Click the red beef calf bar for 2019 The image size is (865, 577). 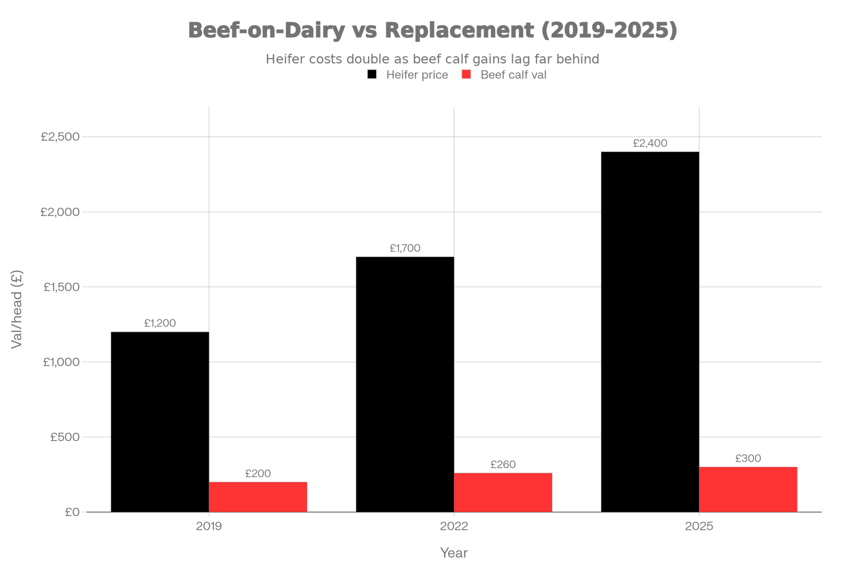(258, 496)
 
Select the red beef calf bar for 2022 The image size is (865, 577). (503, 492)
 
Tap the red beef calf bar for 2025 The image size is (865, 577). (748, 489)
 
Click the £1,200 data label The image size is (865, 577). (160, 323)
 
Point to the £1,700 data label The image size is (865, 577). (405, 248)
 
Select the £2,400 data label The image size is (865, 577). (650, 143)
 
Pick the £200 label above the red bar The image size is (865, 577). (258, 474)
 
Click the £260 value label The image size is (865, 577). (503, 464)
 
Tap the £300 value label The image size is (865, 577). (748, 458)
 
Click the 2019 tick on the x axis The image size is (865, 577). (209, 527)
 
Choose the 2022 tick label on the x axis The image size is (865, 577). (454, 527)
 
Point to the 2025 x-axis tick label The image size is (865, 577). (699, 527)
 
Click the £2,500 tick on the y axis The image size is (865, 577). (61, 137)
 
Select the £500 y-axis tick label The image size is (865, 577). (65, 437)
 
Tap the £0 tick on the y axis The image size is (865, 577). (73, 512)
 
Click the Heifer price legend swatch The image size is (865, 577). (372, 74)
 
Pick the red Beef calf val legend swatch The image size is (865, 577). (466, 74)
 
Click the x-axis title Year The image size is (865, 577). (454, 553)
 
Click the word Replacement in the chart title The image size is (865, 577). (460, 30)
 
